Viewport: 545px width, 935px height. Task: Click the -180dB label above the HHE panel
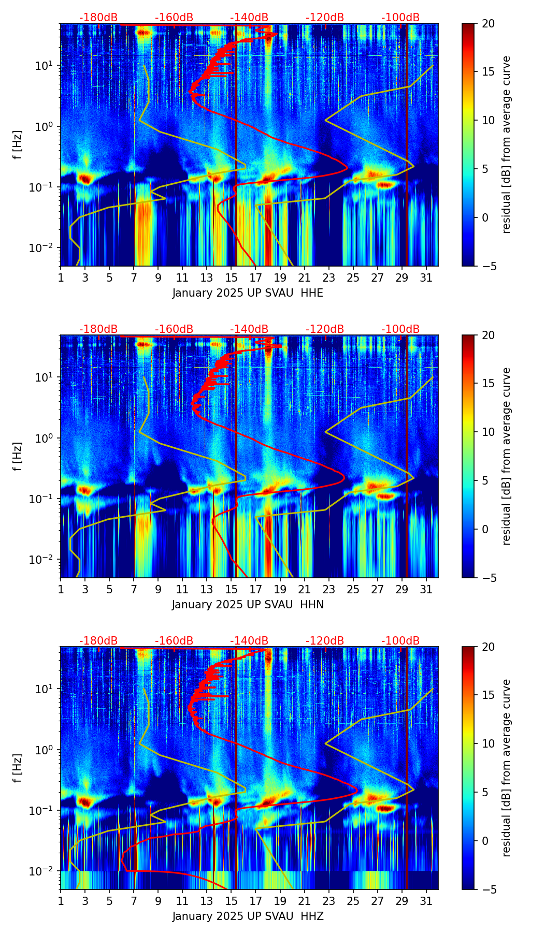coord(98,18)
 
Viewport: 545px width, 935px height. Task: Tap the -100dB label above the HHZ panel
coord(400,641)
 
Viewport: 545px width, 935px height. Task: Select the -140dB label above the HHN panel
coord(249,329)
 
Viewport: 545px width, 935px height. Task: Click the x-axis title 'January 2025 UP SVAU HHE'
coord(248,293)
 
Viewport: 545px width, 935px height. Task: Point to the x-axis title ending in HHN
coord(248,605)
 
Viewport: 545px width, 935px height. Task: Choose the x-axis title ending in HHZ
coord(248,916)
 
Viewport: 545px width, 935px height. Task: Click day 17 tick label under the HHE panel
coord(256,277)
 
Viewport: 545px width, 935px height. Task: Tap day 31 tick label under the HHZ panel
coord(426,901)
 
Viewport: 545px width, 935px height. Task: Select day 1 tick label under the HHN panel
coord(61,589)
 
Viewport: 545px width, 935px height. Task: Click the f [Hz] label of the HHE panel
coord(18,144)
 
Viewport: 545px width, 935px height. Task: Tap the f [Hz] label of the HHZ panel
coord(18,768)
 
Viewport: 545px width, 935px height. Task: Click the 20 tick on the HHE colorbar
coord(488,23)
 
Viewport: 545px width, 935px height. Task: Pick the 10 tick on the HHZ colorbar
coord(488,743)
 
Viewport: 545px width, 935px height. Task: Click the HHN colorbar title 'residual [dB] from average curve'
coord(507,456)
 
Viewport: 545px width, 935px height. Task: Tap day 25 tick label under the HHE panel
coord(353,277)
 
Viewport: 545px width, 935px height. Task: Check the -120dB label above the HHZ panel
coord(325,641)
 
